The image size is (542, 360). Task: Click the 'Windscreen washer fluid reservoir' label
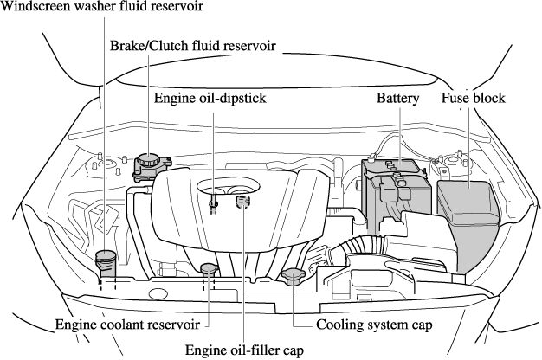point(102,8)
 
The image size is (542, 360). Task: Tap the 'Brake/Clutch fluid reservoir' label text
point(192,45)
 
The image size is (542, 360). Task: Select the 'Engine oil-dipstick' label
point(209,99)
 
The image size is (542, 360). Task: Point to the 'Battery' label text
point(397,99)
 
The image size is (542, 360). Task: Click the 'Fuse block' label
point(474,99)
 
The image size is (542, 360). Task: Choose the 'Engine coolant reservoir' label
point(128,325)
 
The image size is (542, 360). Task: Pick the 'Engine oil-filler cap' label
point(245,350)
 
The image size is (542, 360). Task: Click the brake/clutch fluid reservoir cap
point(149,161)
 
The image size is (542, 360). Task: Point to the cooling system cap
point(294,277)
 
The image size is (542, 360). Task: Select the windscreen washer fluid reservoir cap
point(106,257)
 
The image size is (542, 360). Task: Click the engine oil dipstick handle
point(212,203)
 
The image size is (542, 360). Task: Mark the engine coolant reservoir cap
point(209,268)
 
